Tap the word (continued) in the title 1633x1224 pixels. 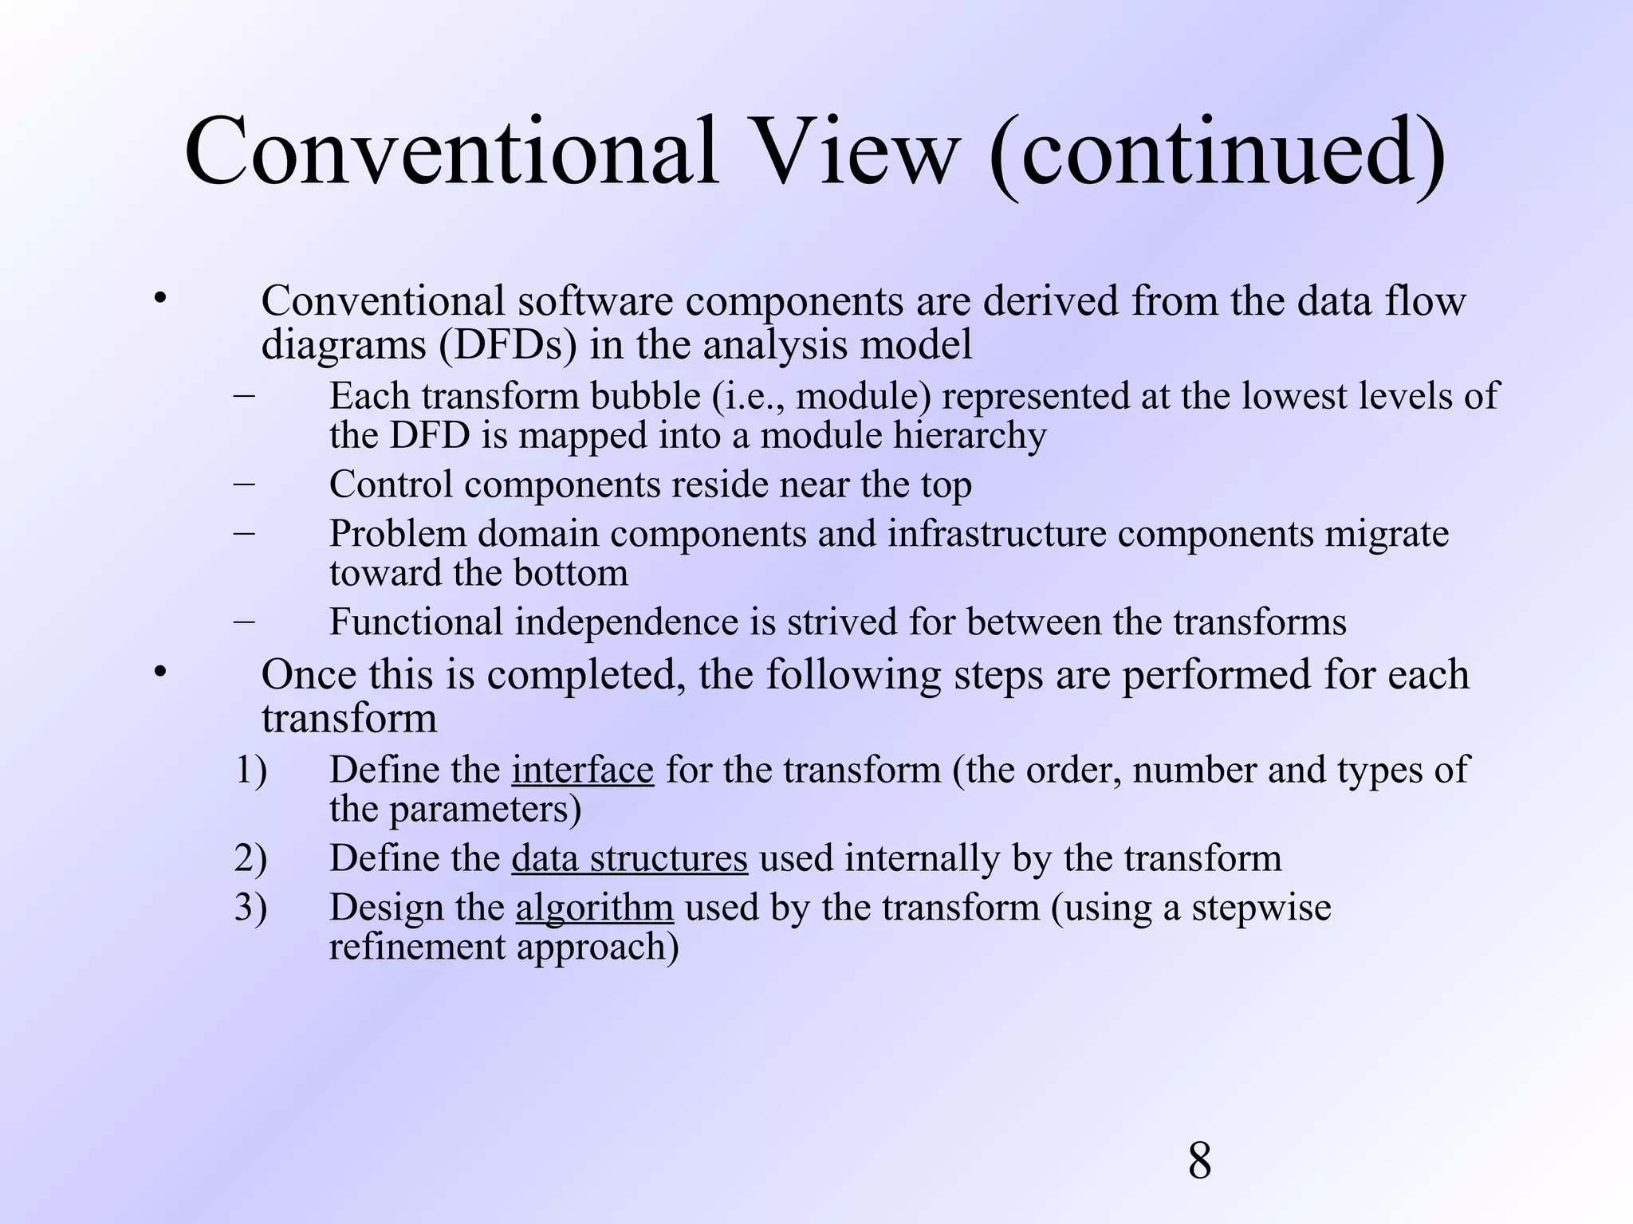pos(1217,151)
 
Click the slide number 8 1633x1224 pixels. pos(1199,1160)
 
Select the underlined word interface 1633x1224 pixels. pos(582,770)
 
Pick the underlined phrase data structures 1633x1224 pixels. pos(629,858)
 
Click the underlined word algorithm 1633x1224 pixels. pos(594,908)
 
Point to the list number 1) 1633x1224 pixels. pos(250,770)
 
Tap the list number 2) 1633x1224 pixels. pos(250,858)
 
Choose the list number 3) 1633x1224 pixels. pos(250,908)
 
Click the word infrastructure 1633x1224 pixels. pos(997,533)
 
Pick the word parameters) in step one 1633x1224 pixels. pos(485,810)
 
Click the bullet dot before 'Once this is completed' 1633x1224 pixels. pos(159,673)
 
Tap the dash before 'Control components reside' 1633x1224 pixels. pos(245,482)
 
